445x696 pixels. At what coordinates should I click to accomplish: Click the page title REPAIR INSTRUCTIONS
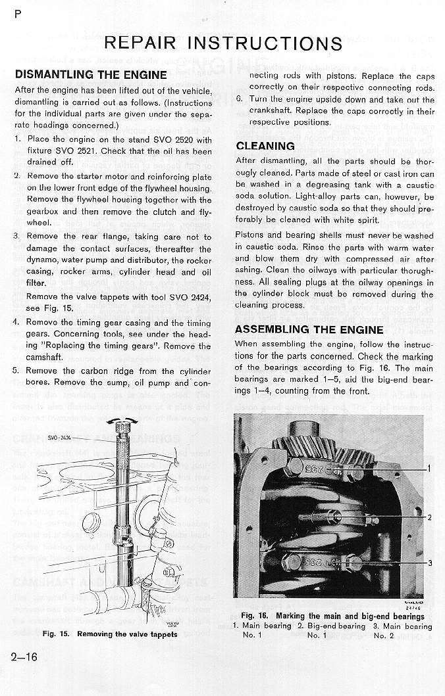point(223,43)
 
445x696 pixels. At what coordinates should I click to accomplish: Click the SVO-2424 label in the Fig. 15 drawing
point(61,436)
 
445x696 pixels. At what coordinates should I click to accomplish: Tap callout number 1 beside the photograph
point(429,469)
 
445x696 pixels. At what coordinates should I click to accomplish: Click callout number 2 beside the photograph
point(429,517)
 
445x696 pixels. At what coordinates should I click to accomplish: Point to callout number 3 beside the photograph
point(429,563)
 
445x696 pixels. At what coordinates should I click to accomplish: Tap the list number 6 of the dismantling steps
point(240,100)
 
